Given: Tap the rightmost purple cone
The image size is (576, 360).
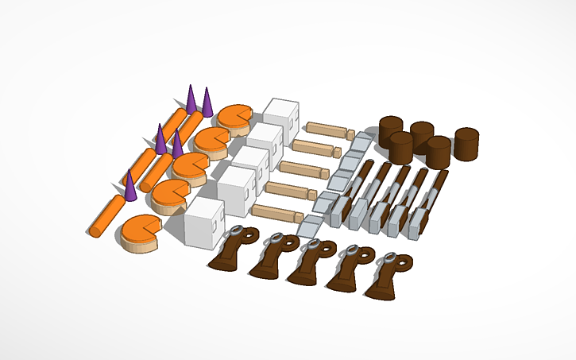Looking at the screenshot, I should pyautogui.click(x=207, y=102).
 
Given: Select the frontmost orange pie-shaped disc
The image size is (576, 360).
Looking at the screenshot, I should pyautogui.click(x=141, y=233).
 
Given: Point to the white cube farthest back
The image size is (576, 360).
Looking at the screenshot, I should pyautogui.click(x=282, y=113).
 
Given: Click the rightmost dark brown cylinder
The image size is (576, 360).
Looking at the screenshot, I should pyautogui.click(x=467, y=143).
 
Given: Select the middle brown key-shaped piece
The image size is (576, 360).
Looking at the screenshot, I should pyautogui.click(x=307, y=263).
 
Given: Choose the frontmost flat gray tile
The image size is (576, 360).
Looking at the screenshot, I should pyautogui.click(x=308, y=225).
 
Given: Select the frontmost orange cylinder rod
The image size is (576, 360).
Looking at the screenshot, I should pyautogui.click(x=106, y=215).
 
